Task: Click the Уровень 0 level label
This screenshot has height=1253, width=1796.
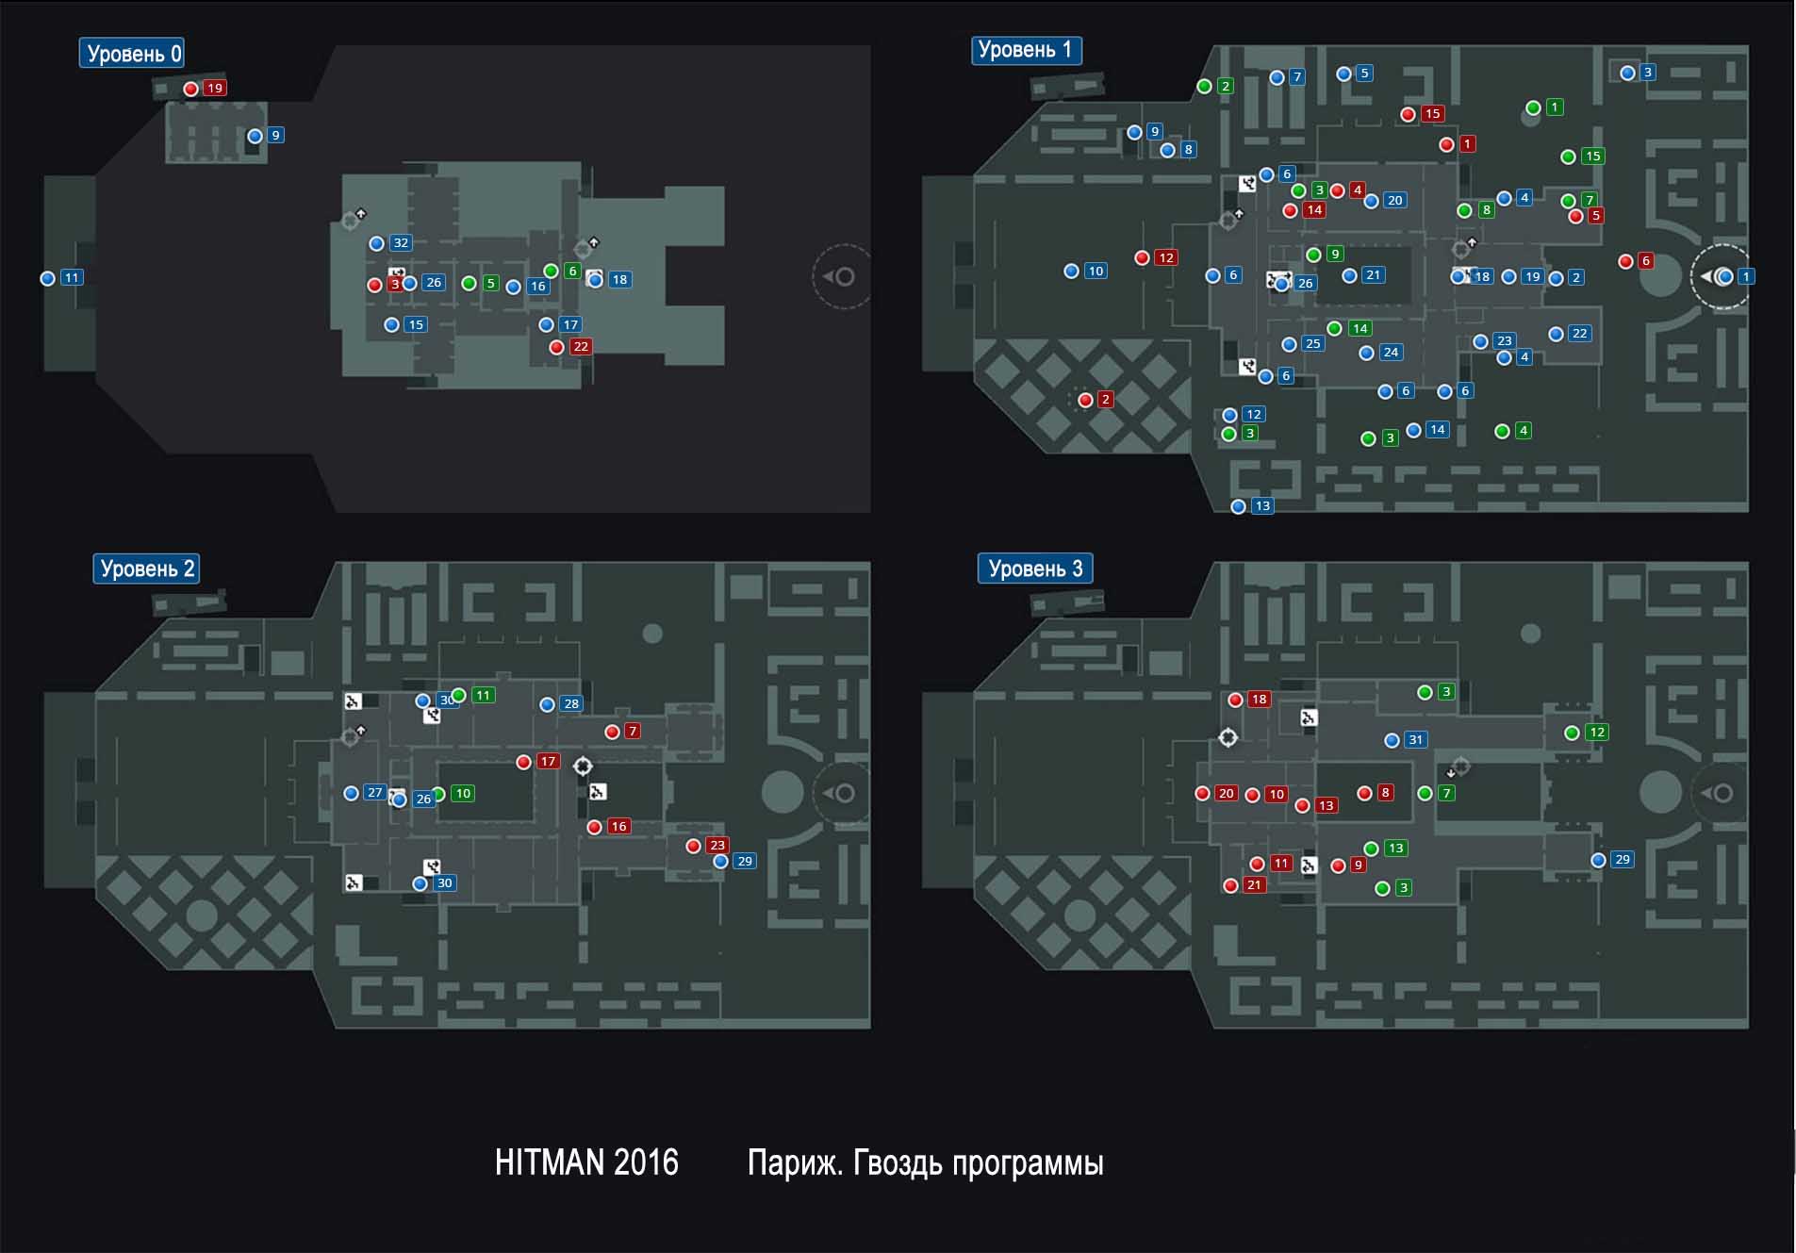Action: tap(132, 54)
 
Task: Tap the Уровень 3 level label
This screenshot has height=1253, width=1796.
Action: tap(1034, 569)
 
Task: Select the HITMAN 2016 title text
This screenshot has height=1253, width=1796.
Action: tap(586, 1162)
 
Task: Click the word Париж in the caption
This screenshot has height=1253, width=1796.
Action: tap(794, 1162)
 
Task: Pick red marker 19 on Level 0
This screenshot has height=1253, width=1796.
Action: tap(191, 89)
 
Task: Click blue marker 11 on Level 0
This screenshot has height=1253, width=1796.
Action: tap(48, 278)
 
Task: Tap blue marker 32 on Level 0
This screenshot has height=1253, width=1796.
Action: tap(377, 243)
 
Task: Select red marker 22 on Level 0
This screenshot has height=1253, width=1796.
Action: tap(557, 347)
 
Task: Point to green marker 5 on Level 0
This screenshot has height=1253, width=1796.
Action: tap(469, 283)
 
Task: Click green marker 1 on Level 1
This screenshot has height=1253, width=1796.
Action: tap(1533, 107)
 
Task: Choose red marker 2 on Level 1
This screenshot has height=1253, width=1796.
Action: tap(1085, 400)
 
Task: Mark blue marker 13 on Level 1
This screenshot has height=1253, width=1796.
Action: tap(1239, 506)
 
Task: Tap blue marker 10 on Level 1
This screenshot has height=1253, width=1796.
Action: tap(1071, 272)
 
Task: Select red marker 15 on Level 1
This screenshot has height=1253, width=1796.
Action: tap(1409, 114)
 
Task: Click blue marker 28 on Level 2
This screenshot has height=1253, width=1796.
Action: tap(547, 704)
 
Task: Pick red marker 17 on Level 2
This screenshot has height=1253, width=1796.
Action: tap(524, 762)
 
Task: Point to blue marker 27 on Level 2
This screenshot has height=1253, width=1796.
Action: tap(352, 793)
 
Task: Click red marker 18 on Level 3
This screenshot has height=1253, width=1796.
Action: tap(1235, 700)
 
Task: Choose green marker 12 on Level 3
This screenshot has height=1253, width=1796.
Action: tap(1572, 733)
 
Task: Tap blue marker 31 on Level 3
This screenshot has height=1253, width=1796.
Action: tap(1392, 740)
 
